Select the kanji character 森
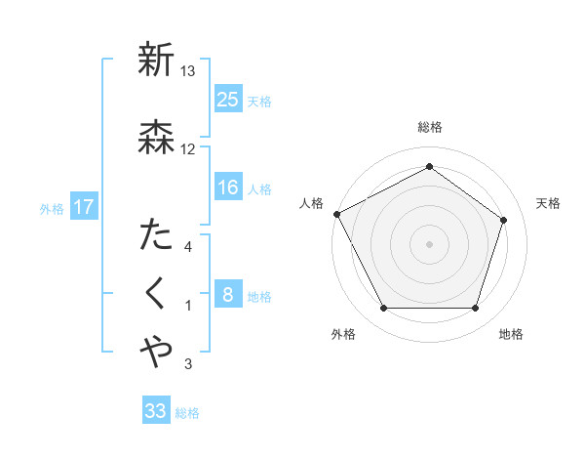click(156, 136)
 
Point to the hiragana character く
click(156, 293)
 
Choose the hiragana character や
click(156, 352)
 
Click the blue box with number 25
click(227, 100)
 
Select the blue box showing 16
click(227, 188)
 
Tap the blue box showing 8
click(227, 296)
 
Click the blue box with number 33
click(155, 411)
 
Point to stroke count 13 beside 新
click(188, 71)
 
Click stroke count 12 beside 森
click(188, 148)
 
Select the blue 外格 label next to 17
click(52, 209)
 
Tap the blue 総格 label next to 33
click(187, 413)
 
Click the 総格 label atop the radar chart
click(430, 127)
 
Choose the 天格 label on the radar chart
click(548, 203)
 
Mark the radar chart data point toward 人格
click(336, 214)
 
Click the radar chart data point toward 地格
click(475, 309)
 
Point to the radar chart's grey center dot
click(429, 243)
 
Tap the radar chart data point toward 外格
click(384, 309)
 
